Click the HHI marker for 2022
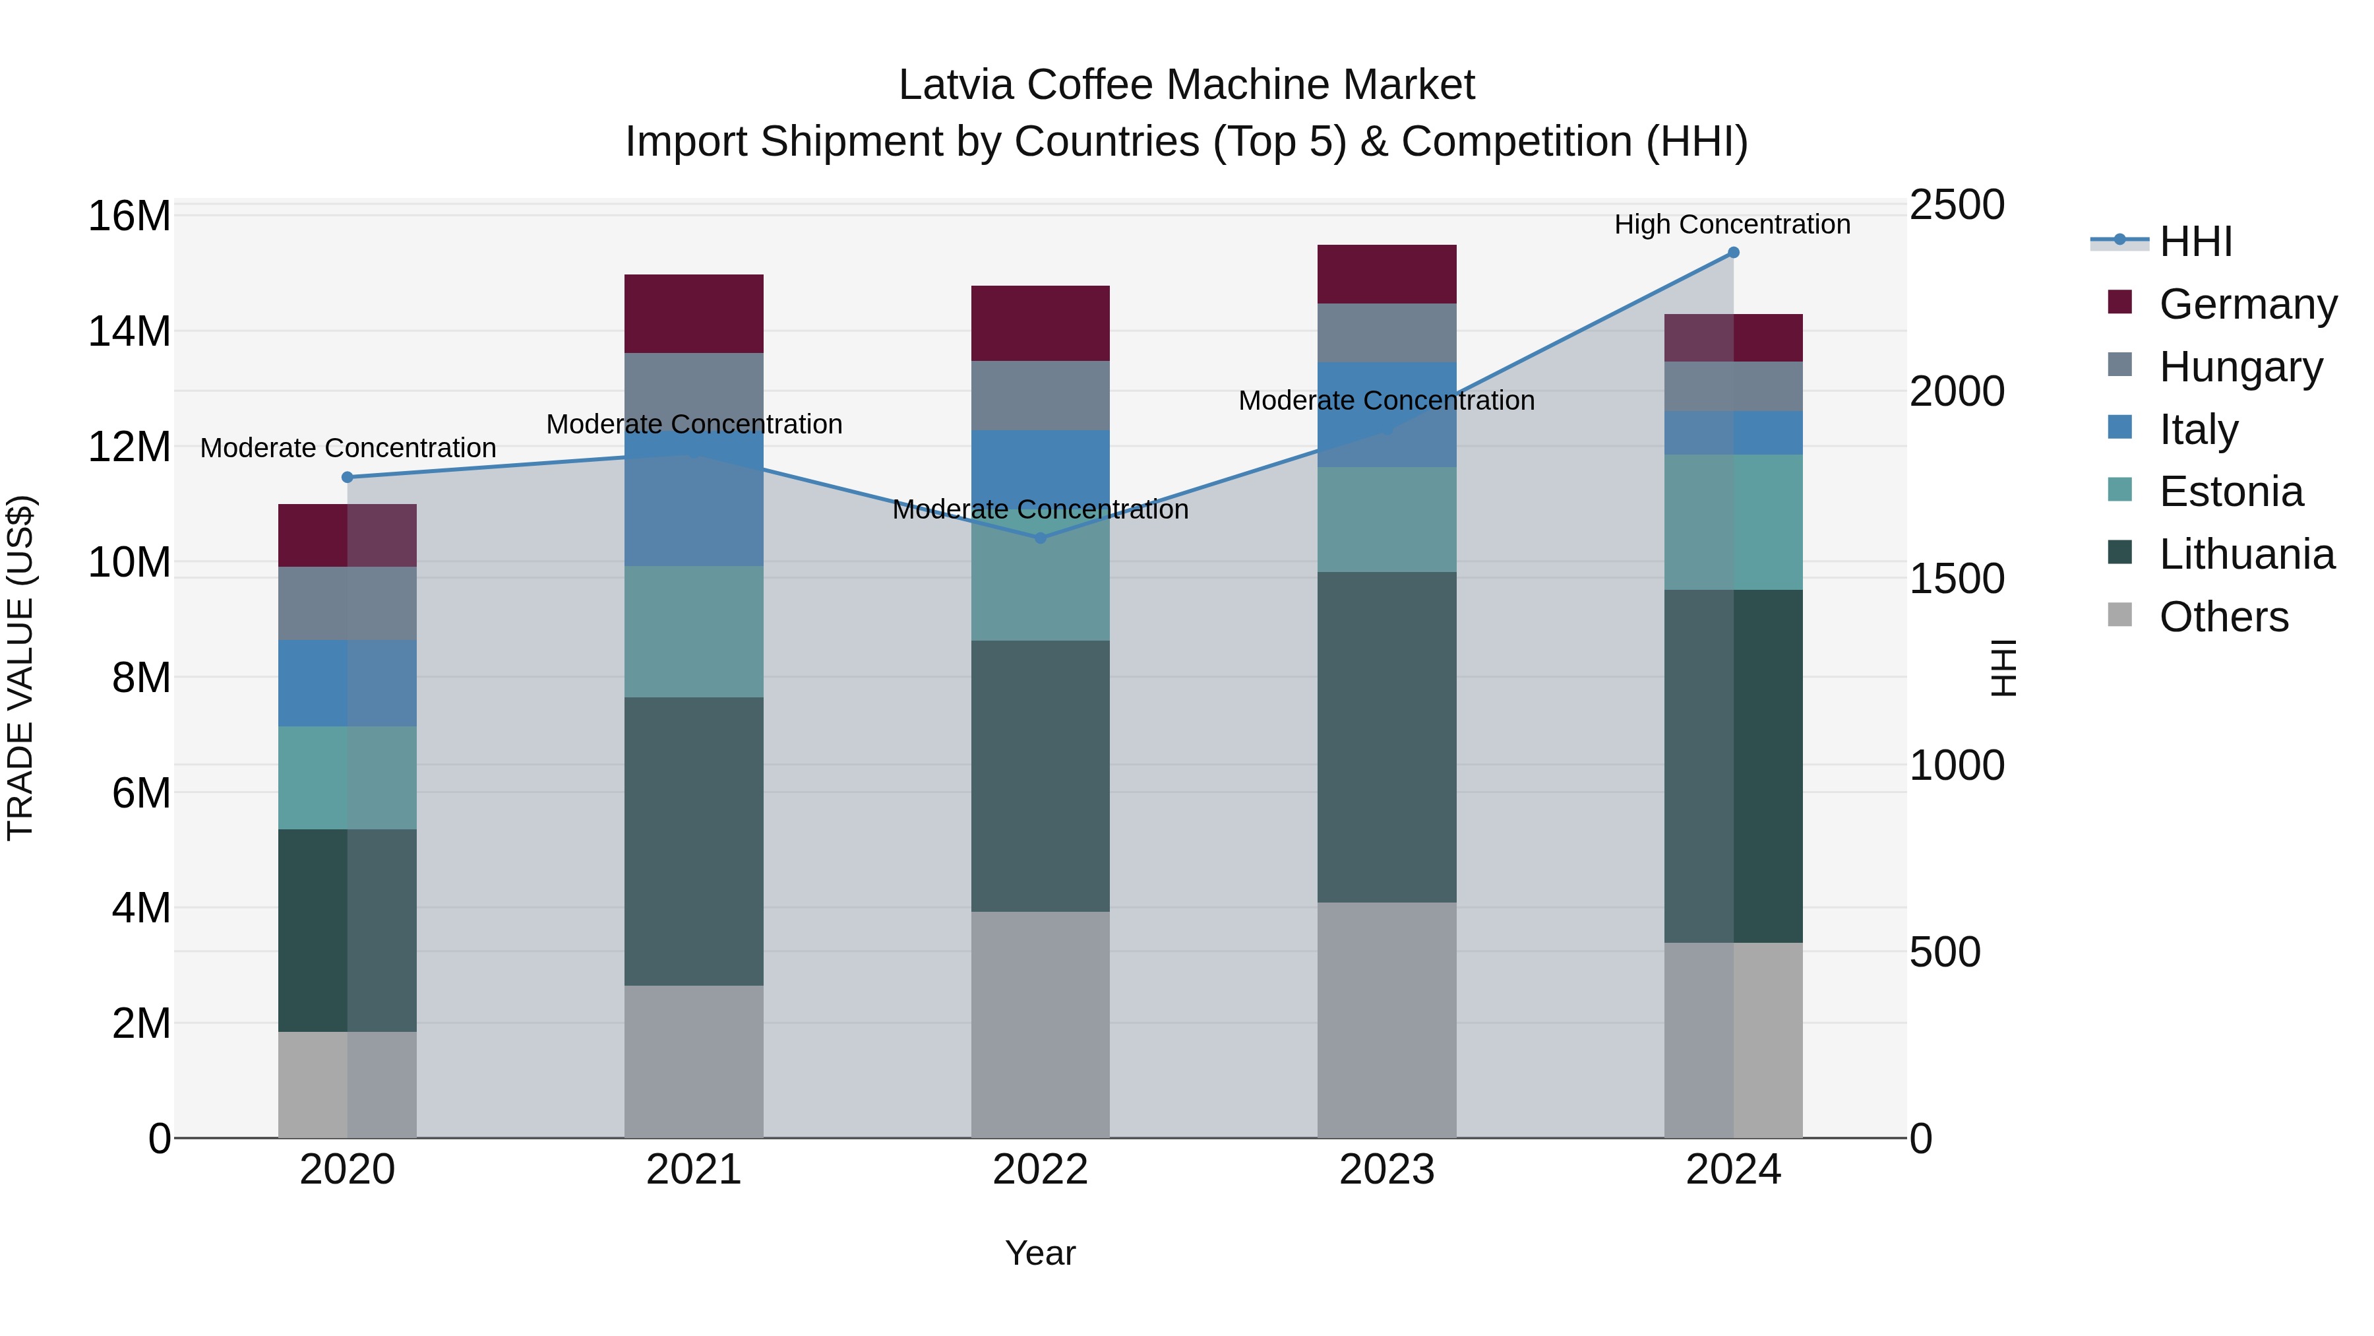click(x=1041, y=538)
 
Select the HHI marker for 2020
click(x=348, y=478)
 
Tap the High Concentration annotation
click(x=1732, y=225)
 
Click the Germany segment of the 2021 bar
click(x=694, y=313)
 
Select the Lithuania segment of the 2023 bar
click(x=1386, y=737)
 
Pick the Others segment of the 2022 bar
click(x=1041, y=1025)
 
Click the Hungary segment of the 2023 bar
click(x=1386, y=333)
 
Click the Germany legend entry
click(x=2247, y=304)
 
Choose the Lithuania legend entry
click(x=2246, y=554)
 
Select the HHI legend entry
click(x=2195, y=241)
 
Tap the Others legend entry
click(x=2223, y=617)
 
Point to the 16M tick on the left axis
click(x=129, y=216)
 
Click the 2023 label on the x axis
click(x=1386, y=1170)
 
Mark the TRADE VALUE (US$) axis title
click(x=20, y=668)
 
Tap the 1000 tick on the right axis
click(x=1956, y=765)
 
